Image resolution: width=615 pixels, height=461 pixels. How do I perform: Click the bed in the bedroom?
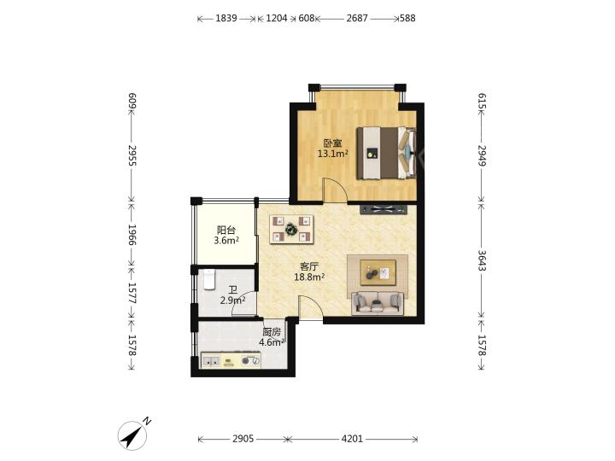tap(386, 153)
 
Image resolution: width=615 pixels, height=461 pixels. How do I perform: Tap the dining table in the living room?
tap(291, 229)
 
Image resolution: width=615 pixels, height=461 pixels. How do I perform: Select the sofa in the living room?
tap(378, 303)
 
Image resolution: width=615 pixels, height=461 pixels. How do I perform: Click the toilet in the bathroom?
tap(210, 279)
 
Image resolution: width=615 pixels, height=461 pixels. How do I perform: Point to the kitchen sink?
tap(212, 361)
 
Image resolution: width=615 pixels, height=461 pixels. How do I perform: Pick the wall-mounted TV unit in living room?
tap(384, 209)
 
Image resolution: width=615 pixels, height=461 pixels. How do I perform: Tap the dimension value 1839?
tap(226, 18)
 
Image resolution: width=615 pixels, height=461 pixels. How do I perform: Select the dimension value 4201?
tap(352, 439)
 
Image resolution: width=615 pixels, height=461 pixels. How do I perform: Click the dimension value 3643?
tap(482, 260)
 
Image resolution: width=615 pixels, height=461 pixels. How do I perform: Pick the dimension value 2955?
tap(132, 155)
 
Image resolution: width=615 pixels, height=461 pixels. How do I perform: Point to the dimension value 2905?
tap(243, 439)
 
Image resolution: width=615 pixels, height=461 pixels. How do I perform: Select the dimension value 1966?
tap(132, 235)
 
